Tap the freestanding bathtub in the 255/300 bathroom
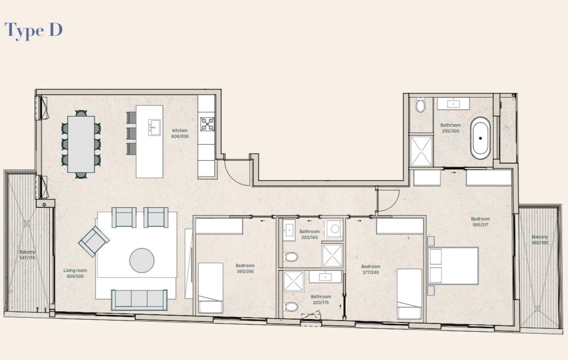click(x=480, y=138)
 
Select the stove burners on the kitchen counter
click(x=207, y=124)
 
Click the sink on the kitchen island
click(x=154, y=128)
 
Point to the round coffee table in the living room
click(x=142, y=260)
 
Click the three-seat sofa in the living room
click(x=139, y=300)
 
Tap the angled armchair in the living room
click(x=94, y=241)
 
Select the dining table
click(x=81, y=144)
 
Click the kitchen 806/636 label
click(x=180, y=134)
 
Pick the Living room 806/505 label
click(x=75, y=274)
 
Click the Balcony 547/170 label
click(x=28, y=255)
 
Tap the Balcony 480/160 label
click(x=540, y=240)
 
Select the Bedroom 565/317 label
click(x=480, y=222)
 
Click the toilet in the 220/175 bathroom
click(x=290, y=307)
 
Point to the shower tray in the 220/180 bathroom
click(x=332, y=256)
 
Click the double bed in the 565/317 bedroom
click(x=453, y=266)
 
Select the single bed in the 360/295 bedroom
click(x=211, y=288)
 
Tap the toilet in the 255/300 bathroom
click(x=420, y=105)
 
